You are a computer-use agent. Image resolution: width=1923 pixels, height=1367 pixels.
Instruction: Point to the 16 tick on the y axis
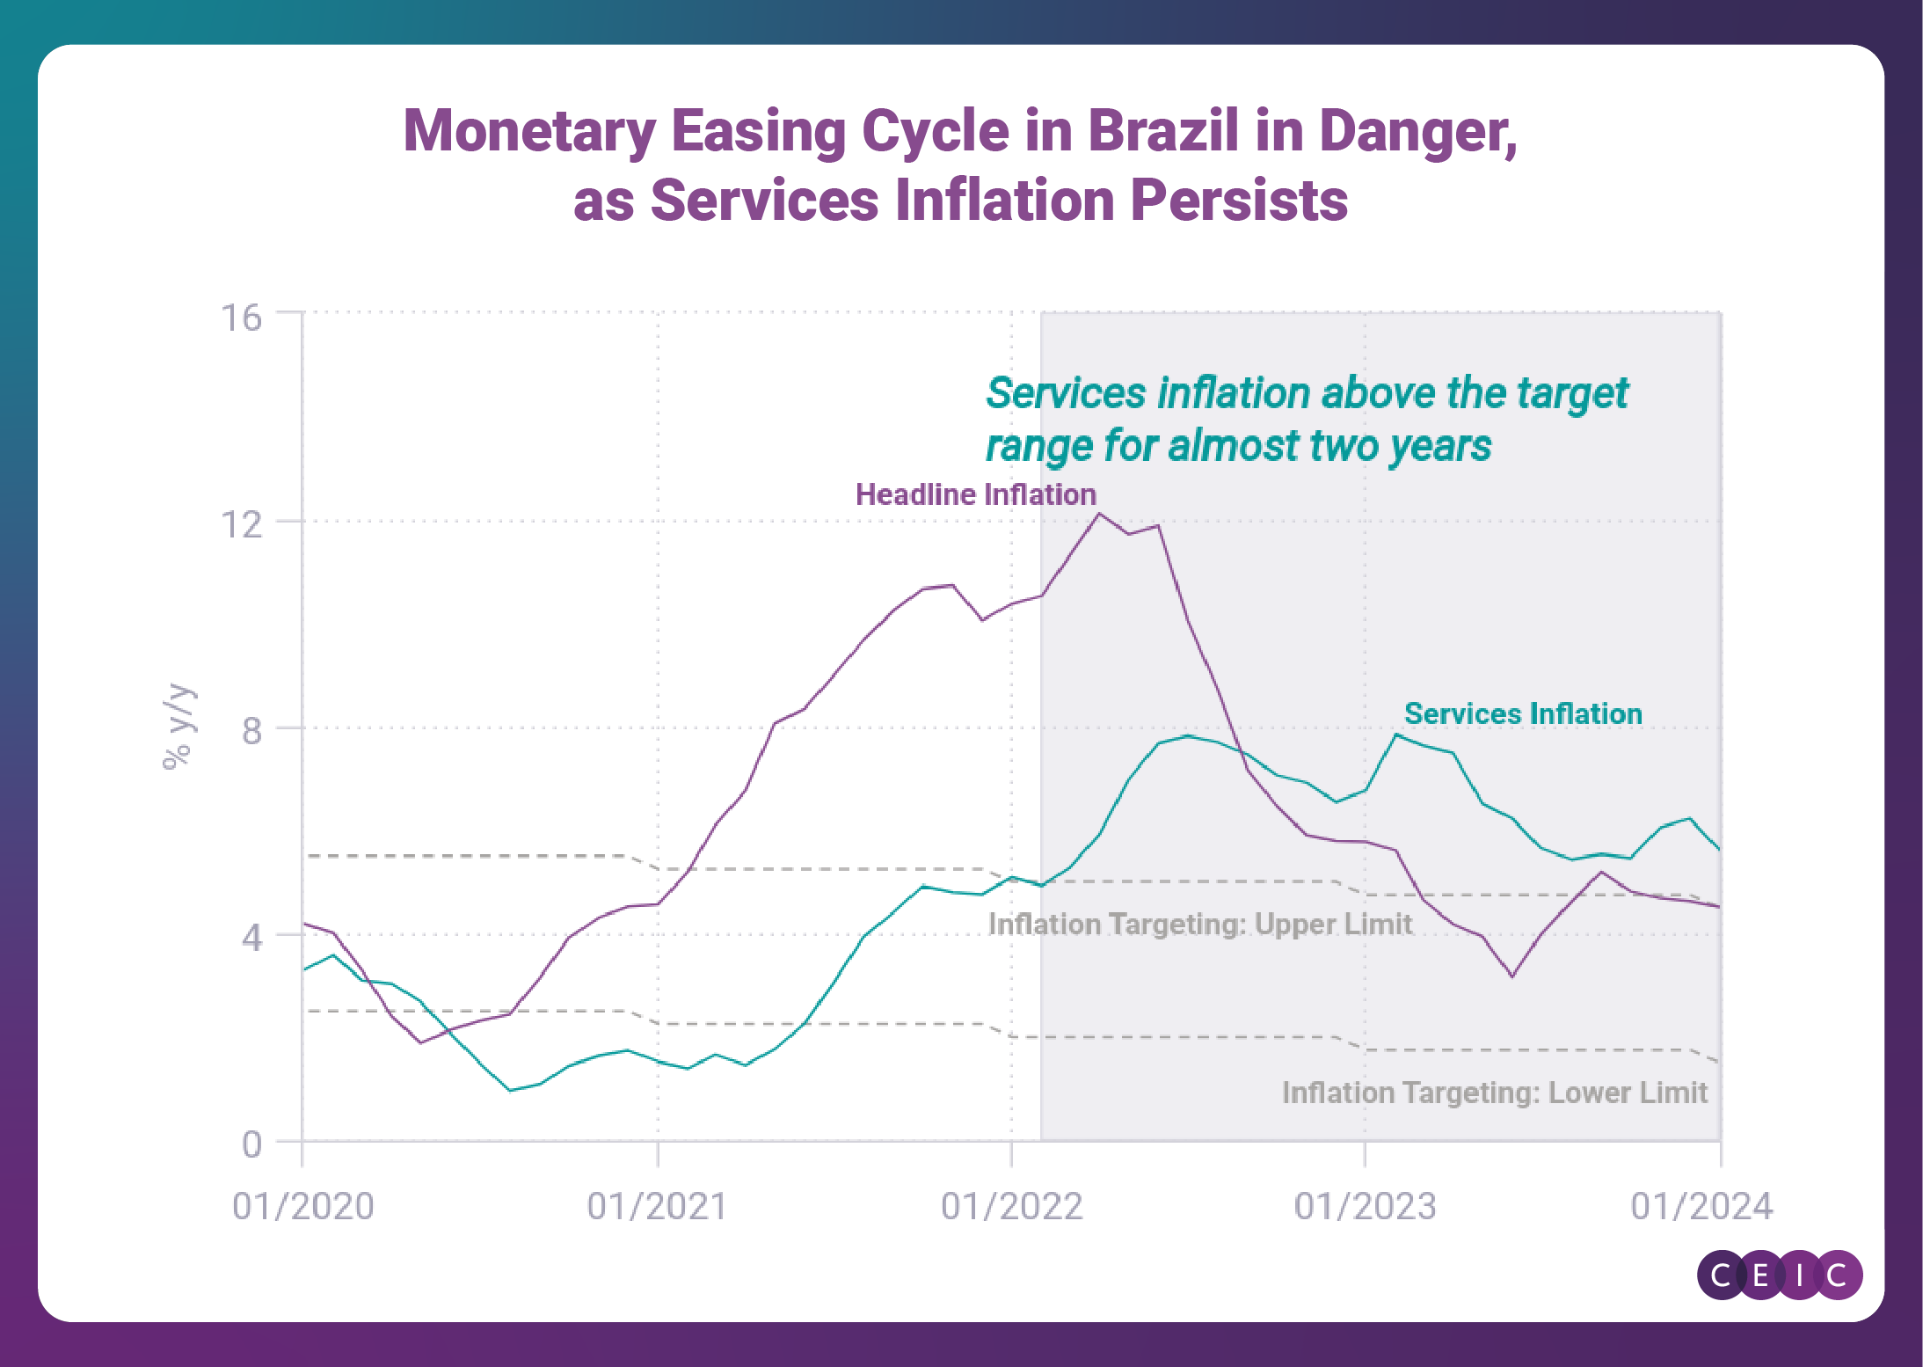pyautogui.click(x=241, y=318)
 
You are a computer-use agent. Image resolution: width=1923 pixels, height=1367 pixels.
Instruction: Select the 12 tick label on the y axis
pyautogui.click(x=241, y=524)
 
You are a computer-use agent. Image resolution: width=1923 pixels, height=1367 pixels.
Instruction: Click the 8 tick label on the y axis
pyautogui.click(x=251, y=730)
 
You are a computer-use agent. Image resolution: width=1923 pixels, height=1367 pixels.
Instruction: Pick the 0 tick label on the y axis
pyautogui.click(x=251, y=1144)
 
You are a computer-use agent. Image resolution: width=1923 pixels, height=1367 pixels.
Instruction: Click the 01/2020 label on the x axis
pyautogui.click(x=302, y=1206)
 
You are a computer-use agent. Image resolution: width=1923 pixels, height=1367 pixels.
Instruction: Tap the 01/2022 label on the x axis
pyautogui.click(x=1011, y=1206)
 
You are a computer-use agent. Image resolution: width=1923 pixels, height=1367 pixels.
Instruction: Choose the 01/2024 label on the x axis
pyautogui.click(x=1701, y=1206)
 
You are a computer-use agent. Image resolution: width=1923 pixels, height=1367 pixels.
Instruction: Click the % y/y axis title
pyautogui.click(x=178, y=727)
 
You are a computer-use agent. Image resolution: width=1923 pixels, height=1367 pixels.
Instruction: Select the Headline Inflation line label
pyautogui.click(x=975, y=494)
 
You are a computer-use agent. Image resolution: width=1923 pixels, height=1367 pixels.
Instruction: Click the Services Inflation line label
pyautogui.click(x=1522, y=713)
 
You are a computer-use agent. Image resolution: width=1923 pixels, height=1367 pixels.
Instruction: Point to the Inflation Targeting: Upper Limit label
pyautogui.click(x=1199, y=924)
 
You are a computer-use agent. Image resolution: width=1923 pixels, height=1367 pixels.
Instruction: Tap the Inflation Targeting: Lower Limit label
pyautogui.click(x=1494, y=1093)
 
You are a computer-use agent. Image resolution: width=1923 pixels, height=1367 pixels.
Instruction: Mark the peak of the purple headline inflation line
pyautogui.click(x=1099, y=514)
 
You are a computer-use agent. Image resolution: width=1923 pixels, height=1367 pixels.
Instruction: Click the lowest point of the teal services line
pyautogui.click(x=510, y=1090)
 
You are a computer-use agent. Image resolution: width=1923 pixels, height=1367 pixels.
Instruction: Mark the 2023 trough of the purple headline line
pyautogui.click(x=1511, y=976)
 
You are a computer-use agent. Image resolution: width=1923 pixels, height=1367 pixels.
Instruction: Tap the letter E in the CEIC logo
pyautogui.click(x=1760, y=1275)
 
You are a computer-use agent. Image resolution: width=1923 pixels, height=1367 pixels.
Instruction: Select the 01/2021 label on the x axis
pyautogui.click(x=657, y=1206)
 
